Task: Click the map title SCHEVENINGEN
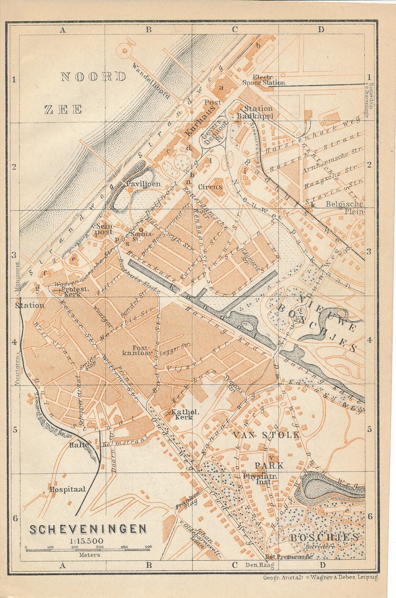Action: [88, 529]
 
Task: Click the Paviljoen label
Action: [143, 184]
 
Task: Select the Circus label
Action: [210, 187]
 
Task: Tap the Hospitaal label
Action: [68, 489]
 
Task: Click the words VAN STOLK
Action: [267, 435]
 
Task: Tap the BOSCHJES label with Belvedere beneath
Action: [323, 538]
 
